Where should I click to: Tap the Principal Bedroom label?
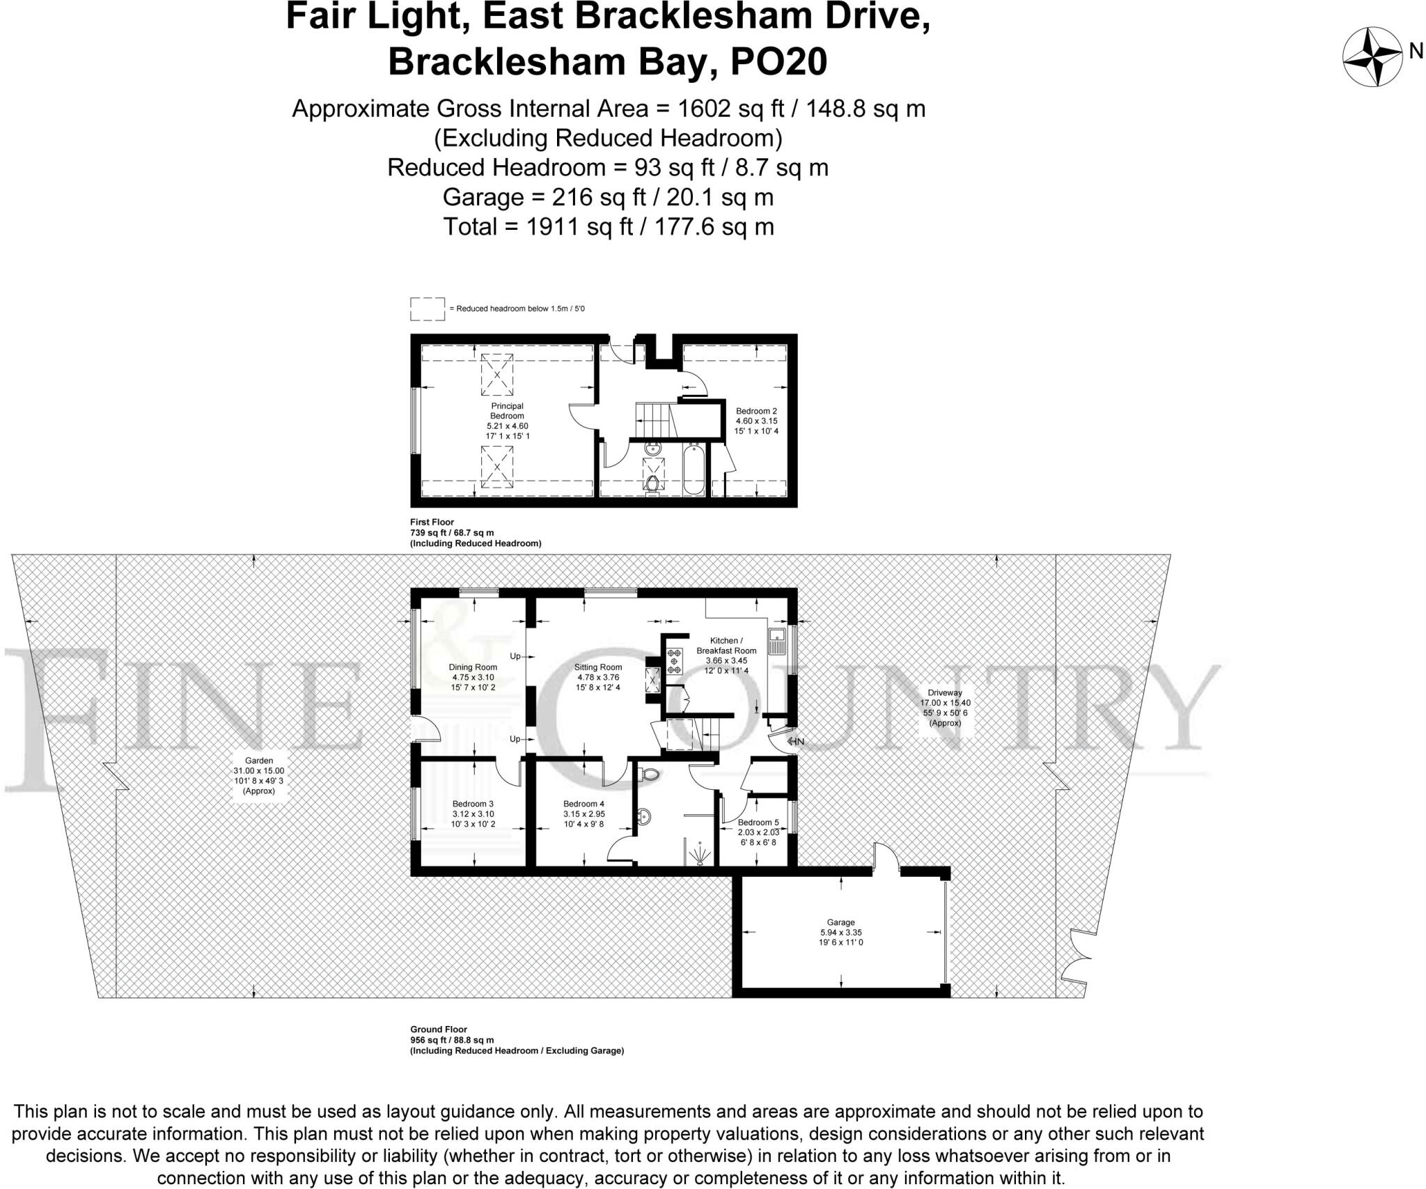point(507,411)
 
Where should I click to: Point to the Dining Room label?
point(473,667)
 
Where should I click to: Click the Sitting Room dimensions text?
point(597,682)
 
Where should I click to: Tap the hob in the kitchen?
point(674,661)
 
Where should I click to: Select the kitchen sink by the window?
point(776,641)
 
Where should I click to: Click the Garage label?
point(840,922)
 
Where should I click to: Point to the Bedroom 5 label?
point(758,823)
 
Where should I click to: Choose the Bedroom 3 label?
point(473,804)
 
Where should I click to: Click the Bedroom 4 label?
point(583,804)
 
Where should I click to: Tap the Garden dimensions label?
point(258,776)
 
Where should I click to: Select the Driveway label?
point(944,692)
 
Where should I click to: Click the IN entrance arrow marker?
point(795,741)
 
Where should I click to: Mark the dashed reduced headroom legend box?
point(427,309)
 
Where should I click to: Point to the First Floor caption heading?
point(432,522)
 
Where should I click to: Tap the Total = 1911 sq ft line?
point(609,226)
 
